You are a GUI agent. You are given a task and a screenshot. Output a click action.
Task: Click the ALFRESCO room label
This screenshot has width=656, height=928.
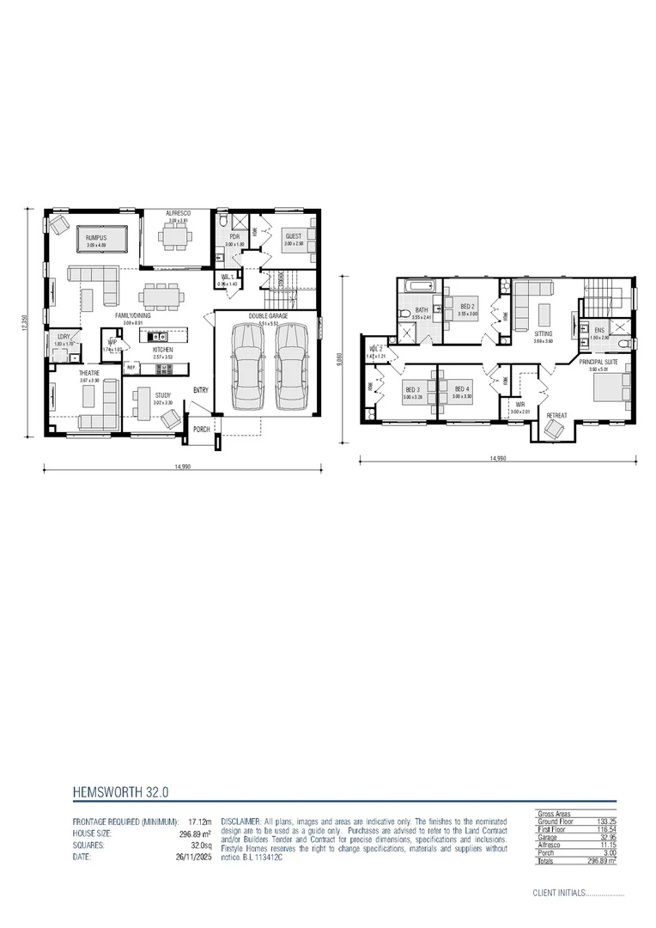tap(178, 212)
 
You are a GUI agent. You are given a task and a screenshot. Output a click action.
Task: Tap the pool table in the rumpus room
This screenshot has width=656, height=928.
tap(101, 236)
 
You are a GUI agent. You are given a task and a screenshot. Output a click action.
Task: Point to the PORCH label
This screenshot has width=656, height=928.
tap(202, 429)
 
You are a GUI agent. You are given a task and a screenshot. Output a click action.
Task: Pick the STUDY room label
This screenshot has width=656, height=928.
tap(163, 396)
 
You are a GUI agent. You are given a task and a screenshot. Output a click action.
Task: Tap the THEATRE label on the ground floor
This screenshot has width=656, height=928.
tap(90, 373)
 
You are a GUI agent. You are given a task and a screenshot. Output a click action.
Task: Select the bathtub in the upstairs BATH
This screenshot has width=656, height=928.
tap(420, 286)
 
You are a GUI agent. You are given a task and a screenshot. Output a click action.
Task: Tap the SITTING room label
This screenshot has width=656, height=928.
tap(543, 333)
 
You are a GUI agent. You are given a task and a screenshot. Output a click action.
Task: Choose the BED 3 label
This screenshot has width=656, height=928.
tap(414, 390)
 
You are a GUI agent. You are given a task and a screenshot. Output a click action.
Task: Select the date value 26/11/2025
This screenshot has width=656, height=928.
tap(195, 857)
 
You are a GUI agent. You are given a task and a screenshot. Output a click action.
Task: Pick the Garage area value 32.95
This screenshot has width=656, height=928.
tap(606, 837)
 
